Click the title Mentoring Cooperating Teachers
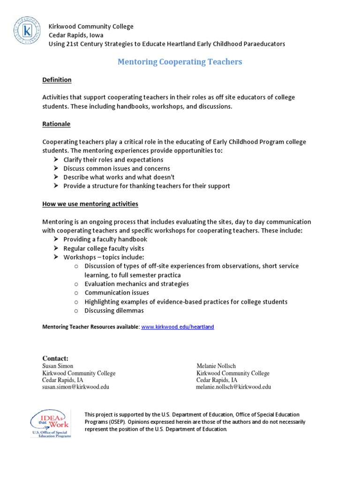(x=180, y=62)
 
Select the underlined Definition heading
(x=57, y=80)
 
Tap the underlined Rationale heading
(x=56, y=124)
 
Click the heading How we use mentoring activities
(x=90, y=204)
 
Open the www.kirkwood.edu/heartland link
(x=177, y=327)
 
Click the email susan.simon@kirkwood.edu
(x=75, y=387)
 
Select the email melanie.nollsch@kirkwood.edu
(x=233, y=387)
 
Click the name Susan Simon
(x=58, y=366)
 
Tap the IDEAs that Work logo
(x=50, y=423)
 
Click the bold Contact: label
(x=55, y=359)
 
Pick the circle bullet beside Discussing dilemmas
(x=76, y=311)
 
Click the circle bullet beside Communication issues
(x=76, y=293)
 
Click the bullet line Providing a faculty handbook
(x=105, y=240)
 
